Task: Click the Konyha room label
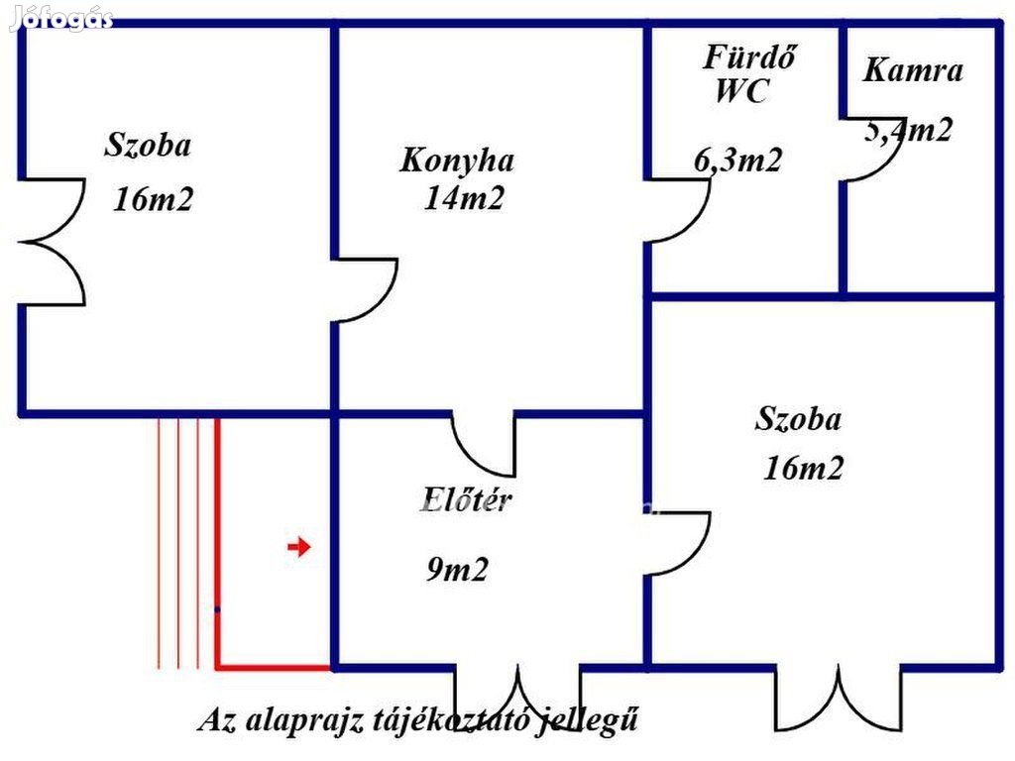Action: pyautogui.click(x=457, y=161)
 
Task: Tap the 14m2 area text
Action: pyautogui.click(x=464, y=198)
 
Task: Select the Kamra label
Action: pyautogui.click(x=913, y=70)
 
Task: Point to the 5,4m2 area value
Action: pyautogui.click(x=909, y=130)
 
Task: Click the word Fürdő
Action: pyautogui.click(x=749, y=57)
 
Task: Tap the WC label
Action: pyautogui.click(x=740, y=92)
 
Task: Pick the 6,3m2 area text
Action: pyautogui.click(x=737, y=160)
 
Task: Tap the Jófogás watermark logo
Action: pyautogui.click(x=61, y=19)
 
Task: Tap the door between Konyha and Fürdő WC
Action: pyautogui.click(x=680, y=210)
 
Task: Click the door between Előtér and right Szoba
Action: pyautogui.click(x=680, y=543)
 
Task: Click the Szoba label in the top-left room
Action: pyautogui.click(x=148, y=146)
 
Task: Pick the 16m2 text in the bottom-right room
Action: pyautogui.click(x=803, y=468)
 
